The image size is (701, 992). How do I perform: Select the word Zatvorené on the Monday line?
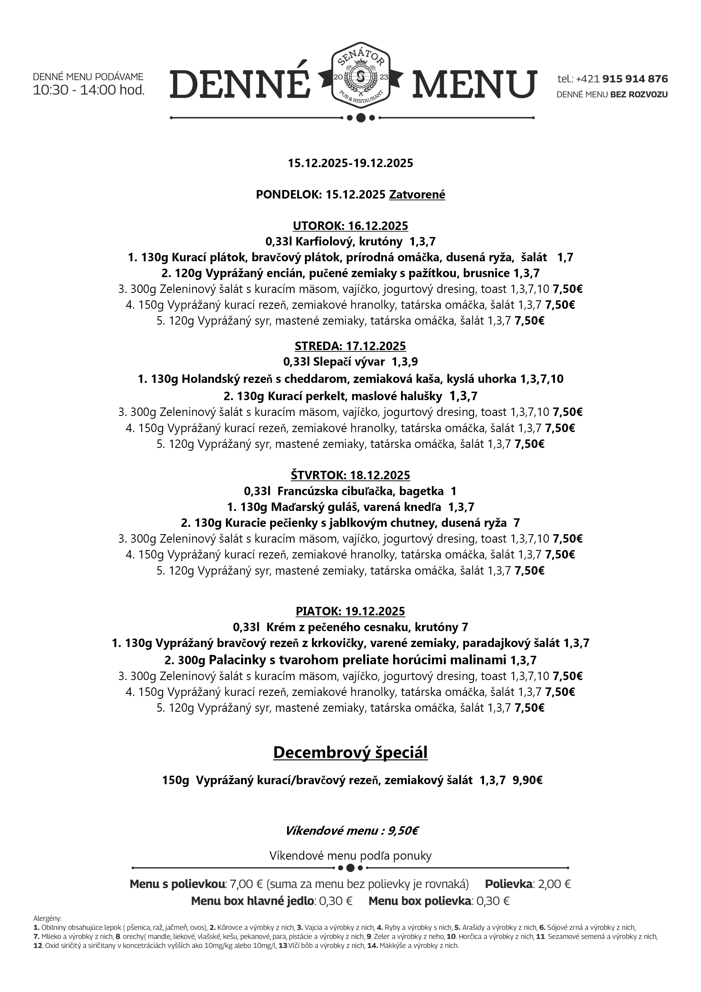point(417,195)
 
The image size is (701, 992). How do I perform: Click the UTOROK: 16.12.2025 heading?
point(350,226)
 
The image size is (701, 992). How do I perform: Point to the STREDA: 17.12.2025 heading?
point(350,346)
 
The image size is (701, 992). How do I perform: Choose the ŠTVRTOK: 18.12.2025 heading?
point(350,475)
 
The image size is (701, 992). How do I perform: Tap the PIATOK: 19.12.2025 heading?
point(350,611)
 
